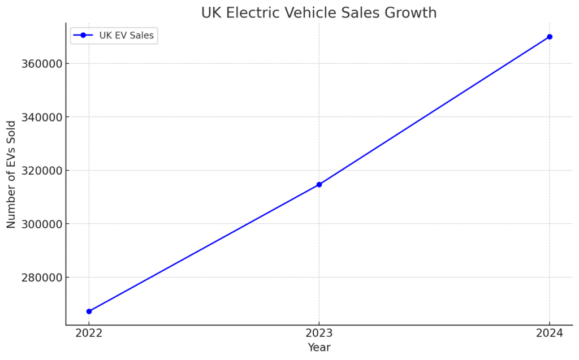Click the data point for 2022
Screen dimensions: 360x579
89,311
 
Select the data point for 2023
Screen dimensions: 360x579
319,184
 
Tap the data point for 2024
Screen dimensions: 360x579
550,37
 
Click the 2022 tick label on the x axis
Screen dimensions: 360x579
89,333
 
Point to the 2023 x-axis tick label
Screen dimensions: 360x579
319,333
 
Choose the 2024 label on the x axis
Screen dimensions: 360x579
550,333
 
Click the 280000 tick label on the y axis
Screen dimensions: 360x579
40,277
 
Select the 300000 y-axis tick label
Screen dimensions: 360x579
40,224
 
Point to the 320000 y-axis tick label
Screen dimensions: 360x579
40,171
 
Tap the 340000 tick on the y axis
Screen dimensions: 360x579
40,117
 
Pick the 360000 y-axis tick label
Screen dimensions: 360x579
40,63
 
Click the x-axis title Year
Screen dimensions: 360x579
319,348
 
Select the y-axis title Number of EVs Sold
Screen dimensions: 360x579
12,174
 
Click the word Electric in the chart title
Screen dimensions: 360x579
251,12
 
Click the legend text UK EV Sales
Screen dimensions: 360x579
127,36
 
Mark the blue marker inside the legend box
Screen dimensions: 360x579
83,36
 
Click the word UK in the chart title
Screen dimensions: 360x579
211,12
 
